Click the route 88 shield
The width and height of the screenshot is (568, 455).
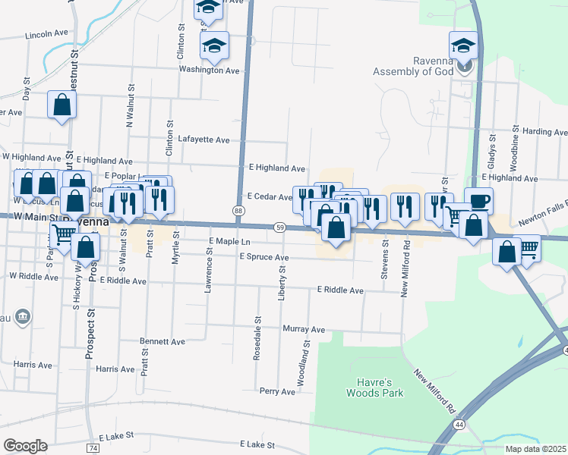[x=238, y=210]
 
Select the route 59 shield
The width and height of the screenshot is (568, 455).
[x=280, y=227]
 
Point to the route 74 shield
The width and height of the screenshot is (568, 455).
[x=93, y=448]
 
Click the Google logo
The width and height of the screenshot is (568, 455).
[x=25, y=446]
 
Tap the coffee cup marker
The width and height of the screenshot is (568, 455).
[x=478, y=201]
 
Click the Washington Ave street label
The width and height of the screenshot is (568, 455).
[x=209, y=70]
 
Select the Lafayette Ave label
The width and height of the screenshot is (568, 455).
[x=203, y=140]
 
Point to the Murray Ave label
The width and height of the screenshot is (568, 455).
[x=303, y=330]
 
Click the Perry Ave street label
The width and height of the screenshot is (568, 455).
[x=276, y=392]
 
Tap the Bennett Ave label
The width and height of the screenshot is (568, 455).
[x=163, y=342]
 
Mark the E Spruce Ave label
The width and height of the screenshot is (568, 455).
[x=263, y=257]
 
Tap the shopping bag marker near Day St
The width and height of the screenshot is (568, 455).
[x=62, y=105]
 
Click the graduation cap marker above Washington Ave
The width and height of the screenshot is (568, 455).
[x=214, y=46]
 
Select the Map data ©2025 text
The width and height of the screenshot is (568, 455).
[x=535, y=449]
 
